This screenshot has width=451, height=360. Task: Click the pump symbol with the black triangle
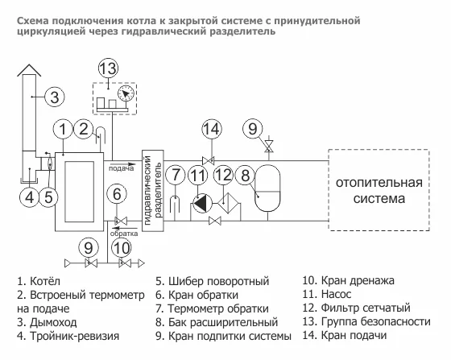point(201,204)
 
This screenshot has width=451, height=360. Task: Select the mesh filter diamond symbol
point(227,203)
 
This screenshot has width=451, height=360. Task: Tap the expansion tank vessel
point(267,188)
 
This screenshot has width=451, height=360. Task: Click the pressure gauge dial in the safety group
point(126,93)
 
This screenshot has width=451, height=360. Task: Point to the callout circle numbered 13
point(109,68)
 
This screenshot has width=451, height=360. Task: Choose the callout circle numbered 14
point(212,129)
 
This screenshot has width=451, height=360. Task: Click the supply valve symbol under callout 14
point(209,161)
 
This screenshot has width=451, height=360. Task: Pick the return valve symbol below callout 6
point(121,221)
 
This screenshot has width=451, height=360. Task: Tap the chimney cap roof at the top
point(29,70)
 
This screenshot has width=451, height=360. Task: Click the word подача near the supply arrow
point(121,168)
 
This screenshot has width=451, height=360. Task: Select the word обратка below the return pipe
point(124,234)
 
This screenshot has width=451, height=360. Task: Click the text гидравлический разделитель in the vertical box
point(153,190)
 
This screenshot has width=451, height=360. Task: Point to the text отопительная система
point(379,191)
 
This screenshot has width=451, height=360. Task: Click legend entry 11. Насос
point(326,294)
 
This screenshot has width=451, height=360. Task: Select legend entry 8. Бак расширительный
point(217,322)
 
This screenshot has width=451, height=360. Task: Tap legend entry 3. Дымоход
point(47,322)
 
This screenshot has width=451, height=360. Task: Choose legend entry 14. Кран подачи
point(345,336)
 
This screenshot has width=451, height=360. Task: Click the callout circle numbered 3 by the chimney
point(55,97)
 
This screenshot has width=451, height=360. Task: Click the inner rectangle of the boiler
point(80,192)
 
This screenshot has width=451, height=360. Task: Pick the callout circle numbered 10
point(122,248)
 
